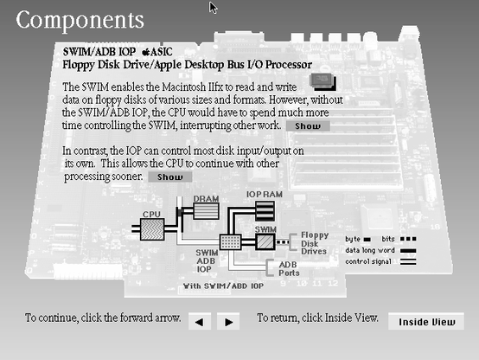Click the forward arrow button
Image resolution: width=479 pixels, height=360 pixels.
[x=228, y=321]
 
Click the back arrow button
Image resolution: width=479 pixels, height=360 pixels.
[x=200, y=321]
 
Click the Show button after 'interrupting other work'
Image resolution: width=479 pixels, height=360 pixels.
[x=308, y=126]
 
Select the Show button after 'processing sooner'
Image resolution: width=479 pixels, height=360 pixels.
[x=170, y=177]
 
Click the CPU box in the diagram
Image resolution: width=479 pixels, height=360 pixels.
[x=152, y=229]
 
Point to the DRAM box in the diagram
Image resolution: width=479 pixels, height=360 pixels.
[x=206, y=211]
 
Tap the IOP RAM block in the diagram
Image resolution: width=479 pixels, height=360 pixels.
[x=265, y=211]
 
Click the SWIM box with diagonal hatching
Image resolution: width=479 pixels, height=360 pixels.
[x=265, y=242]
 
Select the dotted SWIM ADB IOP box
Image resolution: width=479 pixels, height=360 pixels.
[x=230, y=242]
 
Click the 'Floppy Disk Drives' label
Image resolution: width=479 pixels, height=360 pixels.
[x=315, y=243]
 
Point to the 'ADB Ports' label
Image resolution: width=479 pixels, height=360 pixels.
[x=289, y=268]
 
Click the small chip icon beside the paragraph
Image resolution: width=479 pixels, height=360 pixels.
[x=323, y=81]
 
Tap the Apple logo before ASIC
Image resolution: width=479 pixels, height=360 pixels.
[x=146, y=52]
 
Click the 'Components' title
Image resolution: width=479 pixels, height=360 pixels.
[x=80, y=21]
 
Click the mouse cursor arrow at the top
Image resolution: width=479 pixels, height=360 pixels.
[x=213, y=8]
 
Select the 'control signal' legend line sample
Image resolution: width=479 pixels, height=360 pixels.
[x=408, y=262]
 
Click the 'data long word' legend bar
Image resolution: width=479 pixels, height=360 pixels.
[x=408, y=251]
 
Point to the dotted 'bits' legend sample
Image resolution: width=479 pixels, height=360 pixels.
[x=408, y=239]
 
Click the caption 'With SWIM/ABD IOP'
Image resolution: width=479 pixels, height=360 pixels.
[x=223, y=286]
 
